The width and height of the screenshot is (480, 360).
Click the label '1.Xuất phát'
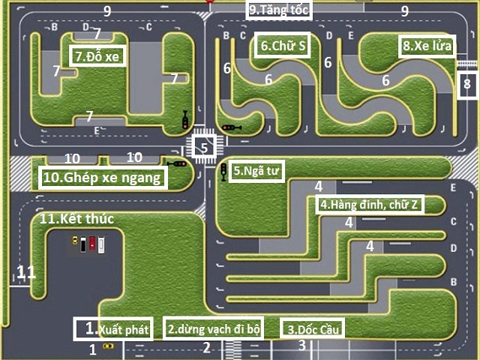(x=113, y=328)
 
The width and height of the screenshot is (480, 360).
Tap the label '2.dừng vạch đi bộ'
(x=212, y=328)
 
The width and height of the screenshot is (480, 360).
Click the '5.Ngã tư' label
(x=256, y=170)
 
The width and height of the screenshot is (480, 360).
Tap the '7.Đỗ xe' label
(x=97, y=55)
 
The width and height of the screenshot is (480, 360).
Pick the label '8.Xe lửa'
(x=427, y=45)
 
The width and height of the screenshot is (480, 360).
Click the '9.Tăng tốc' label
(x=280, y=10)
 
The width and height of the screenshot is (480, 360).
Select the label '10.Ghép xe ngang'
(x=101, y=178)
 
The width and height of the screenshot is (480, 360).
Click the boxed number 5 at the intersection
(x=204, y=147)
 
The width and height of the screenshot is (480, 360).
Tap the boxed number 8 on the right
(x=466, y=84)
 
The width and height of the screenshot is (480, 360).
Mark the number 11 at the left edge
(x=25, y=274)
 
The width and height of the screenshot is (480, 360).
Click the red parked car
(x=92, y=244)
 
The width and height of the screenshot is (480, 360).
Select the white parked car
(x=101, y=244)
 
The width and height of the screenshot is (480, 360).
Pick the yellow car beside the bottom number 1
(x=109, y=346)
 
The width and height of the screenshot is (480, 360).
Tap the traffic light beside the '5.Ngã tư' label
(x=223, y=172)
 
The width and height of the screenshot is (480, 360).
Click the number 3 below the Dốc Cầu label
(x=301, y=346)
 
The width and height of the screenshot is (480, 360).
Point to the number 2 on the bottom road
(x=205, y=347)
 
